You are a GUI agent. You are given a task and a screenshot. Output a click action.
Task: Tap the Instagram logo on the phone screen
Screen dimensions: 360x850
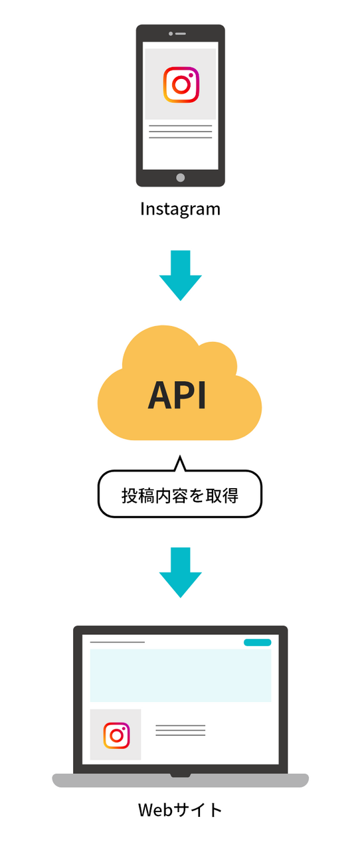tap(181, 84)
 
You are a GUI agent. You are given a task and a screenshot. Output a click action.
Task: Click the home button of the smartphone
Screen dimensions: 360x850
tap(181, 177)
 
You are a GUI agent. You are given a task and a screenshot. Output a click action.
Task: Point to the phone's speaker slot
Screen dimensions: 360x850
tap(181, 34)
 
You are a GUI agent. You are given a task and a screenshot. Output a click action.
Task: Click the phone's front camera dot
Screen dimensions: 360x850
tap(171, 34)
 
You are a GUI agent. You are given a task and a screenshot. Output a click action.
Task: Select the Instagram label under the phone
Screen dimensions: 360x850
tap(181, 209)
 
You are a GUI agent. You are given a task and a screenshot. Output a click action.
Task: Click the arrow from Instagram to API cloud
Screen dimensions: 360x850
tap(181, 275)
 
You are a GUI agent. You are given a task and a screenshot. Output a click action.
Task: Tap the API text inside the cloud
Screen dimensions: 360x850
tap(177, 395)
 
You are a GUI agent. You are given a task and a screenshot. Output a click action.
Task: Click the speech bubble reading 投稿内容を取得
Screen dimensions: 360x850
tap(180, 493)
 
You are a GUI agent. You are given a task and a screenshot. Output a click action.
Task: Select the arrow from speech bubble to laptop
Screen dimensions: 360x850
tap(181, 572)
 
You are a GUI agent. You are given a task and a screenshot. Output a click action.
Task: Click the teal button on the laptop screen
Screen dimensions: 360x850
tap(258, 642)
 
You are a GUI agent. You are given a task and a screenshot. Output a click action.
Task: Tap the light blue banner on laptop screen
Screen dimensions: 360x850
tap(181, 675)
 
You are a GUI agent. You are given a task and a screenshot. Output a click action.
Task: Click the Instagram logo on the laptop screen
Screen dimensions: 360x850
tap(117, 735)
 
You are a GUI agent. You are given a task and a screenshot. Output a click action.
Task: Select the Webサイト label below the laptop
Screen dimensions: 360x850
tap(181, 809)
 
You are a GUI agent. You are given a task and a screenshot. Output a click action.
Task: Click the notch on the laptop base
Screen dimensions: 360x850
tap(181, 775)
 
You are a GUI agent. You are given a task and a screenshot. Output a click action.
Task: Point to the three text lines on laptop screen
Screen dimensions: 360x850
tap(181, 730)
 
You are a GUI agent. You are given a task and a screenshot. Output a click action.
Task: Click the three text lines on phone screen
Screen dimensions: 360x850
tap(181, 131)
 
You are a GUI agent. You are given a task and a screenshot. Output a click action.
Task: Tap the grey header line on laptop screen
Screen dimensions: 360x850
tap(118, 642)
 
